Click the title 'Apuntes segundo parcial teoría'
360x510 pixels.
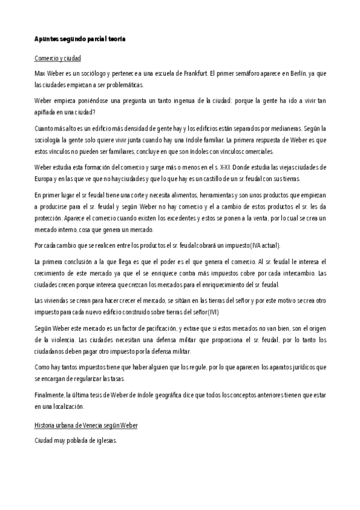coord(79,38)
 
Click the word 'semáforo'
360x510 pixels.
coord(240,73)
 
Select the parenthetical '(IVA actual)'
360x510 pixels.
coord(230,245)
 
